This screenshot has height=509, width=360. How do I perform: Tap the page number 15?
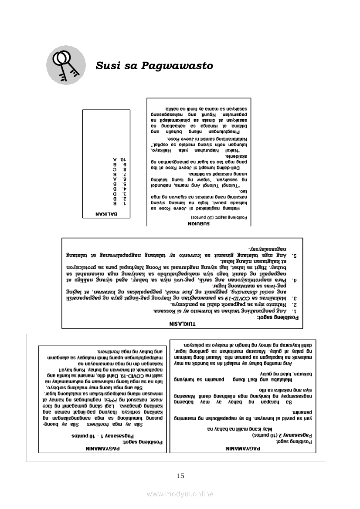pyautogui.click(x=180, y=475)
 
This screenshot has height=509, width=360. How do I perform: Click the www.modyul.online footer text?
pyautogui.click(x=180, y=494)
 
